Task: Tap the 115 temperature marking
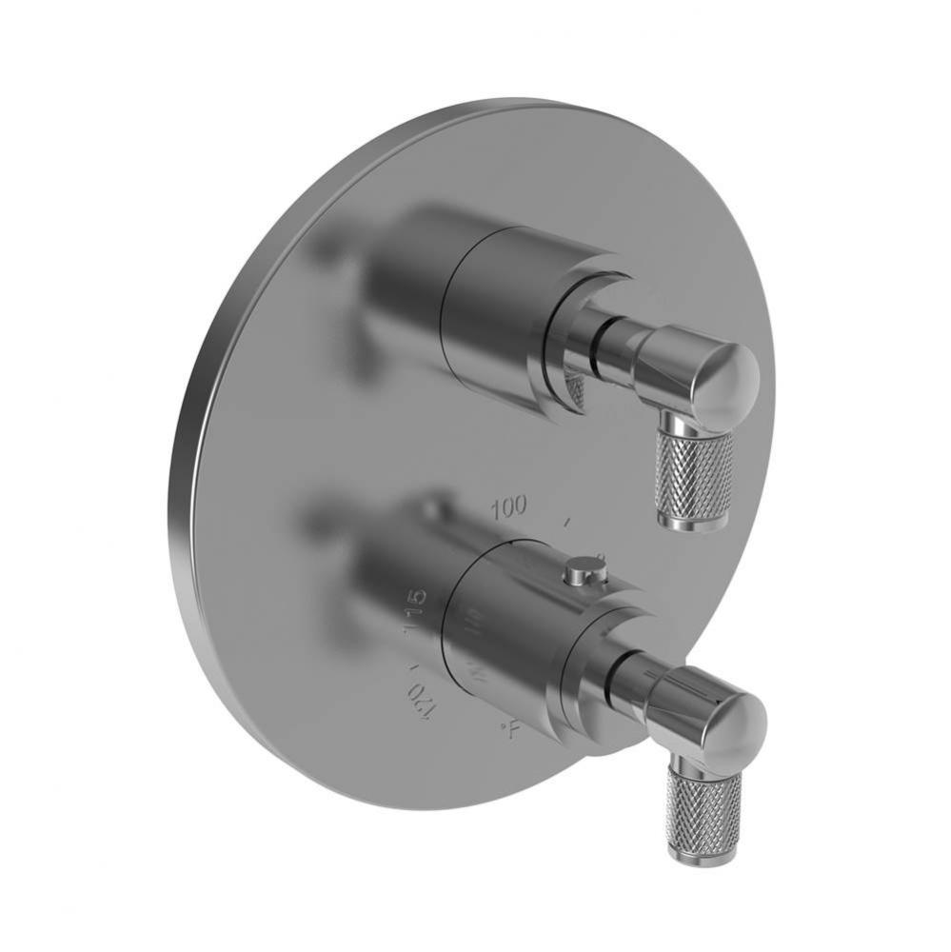pos(416,612)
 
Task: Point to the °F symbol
pos(511,731)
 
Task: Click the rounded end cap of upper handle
pos(728,381)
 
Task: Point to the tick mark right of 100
pos(567,522)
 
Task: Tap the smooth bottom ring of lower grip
pos(699,856)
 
